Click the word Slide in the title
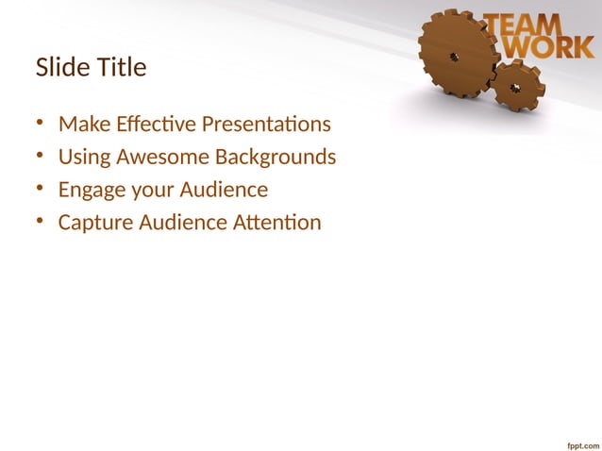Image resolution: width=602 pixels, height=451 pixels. point(59,68)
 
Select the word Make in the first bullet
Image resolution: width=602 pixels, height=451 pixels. point(81,125)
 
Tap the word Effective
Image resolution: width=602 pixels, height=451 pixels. point(149,125)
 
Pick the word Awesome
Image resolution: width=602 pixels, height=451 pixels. point(161,157)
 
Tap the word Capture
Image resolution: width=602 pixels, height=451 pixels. point(95,223)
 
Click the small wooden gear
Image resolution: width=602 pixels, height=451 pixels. point(516,87)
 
